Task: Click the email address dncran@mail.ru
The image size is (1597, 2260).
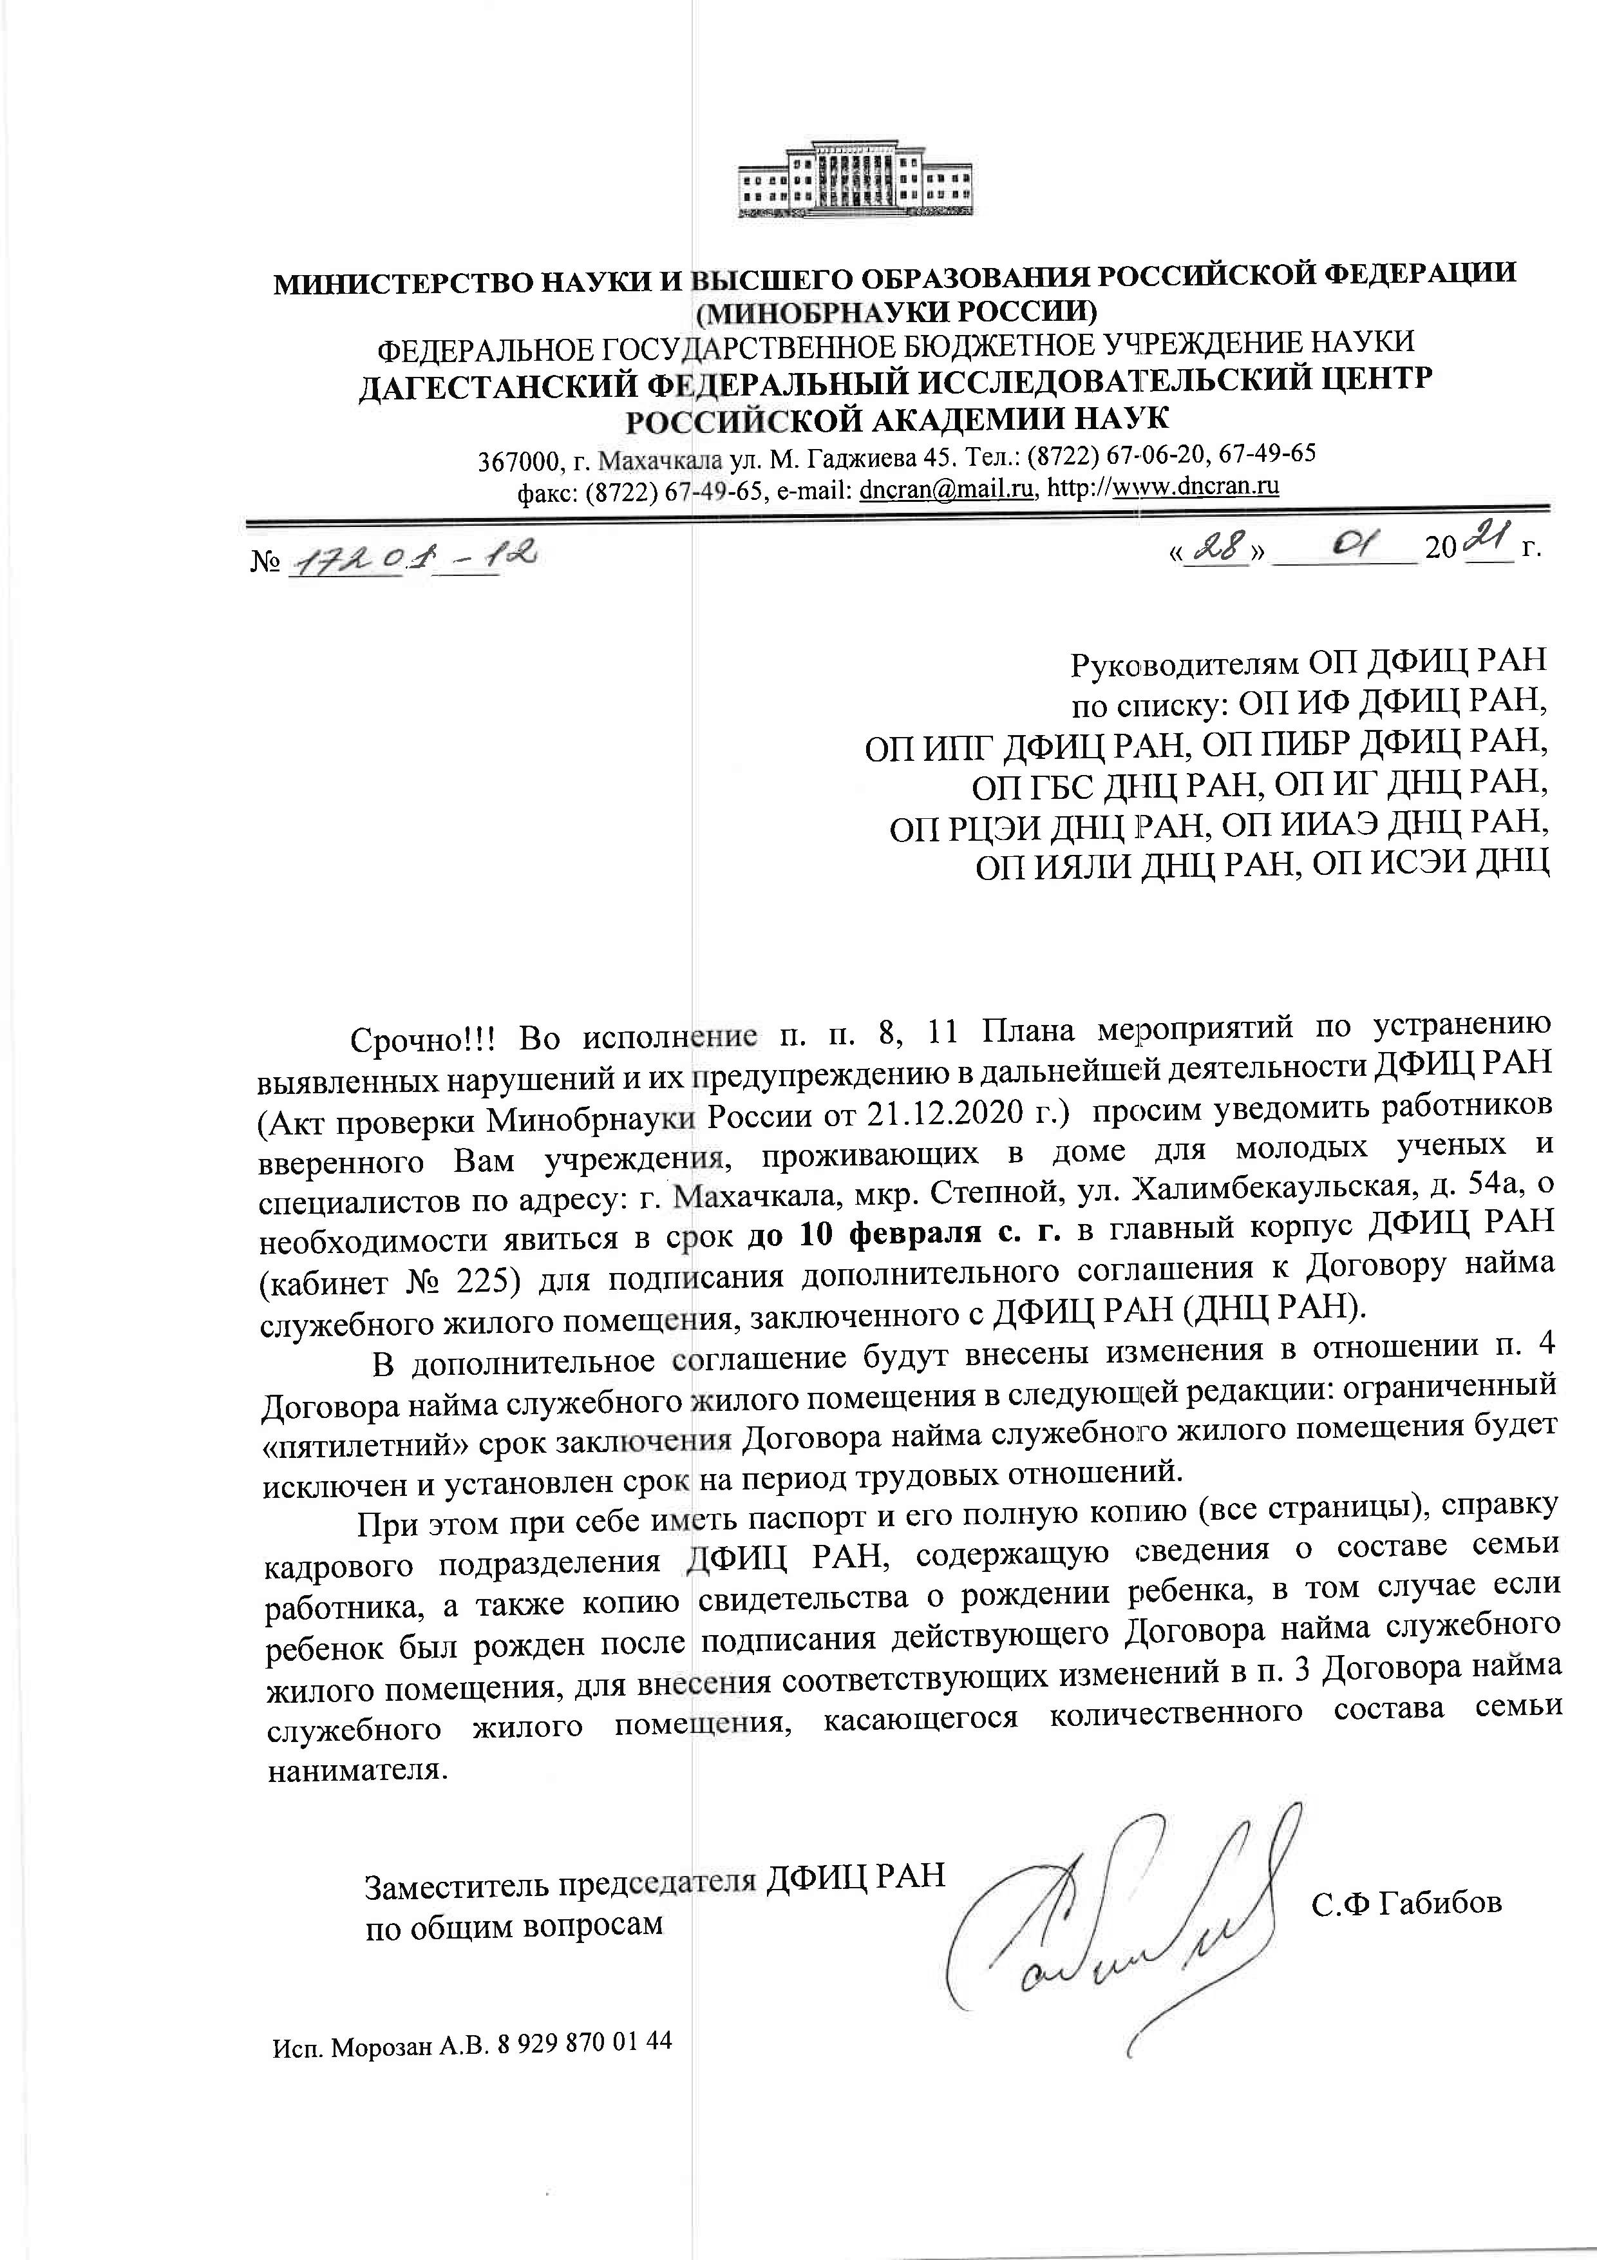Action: (x=949, y=488)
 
